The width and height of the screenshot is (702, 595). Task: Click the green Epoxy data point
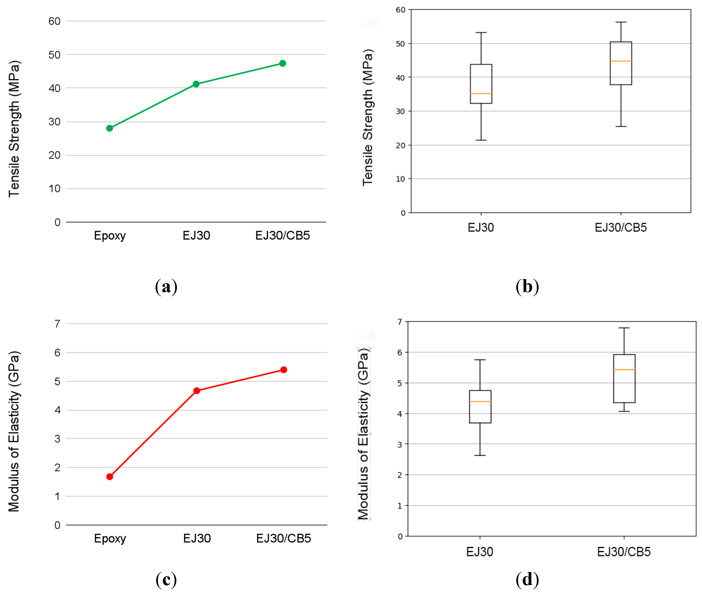109,128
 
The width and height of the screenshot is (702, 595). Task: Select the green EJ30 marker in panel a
196,84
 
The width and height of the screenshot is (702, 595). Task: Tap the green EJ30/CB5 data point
283,63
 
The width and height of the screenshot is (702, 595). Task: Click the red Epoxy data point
110,477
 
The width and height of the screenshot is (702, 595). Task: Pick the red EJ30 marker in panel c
197,391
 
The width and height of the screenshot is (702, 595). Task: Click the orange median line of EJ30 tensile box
481,93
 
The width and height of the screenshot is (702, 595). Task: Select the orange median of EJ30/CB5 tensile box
620,61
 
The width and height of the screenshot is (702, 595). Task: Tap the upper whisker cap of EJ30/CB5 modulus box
624,328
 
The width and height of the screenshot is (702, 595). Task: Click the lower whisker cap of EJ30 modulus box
480,455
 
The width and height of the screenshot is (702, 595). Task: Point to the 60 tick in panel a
54,21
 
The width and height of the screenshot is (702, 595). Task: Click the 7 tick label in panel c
57,324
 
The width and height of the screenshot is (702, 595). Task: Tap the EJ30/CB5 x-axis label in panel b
620,228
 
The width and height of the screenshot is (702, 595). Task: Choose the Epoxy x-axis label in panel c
110,538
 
